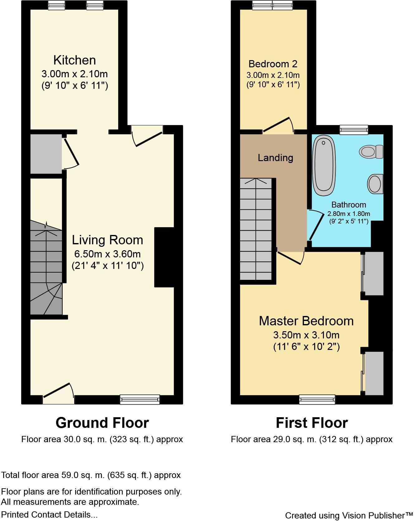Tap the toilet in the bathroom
(371, 152)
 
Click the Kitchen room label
(75, 60)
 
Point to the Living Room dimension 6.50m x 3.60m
(107, 254)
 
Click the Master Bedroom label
(306, 321)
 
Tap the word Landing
(275, 158)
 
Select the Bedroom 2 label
(273, 64)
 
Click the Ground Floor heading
(102, 423)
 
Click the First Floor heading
(311, 423)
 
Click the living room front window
(140, 399)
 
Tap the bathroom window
(354, 130)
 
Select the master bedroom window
(317, 399)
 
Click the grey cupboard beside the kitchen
(46, 154)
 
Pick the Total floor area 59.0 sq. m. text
(91, 475)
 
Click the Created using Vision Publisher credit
(349, 515)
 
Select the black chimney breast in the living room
(164, 257)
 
